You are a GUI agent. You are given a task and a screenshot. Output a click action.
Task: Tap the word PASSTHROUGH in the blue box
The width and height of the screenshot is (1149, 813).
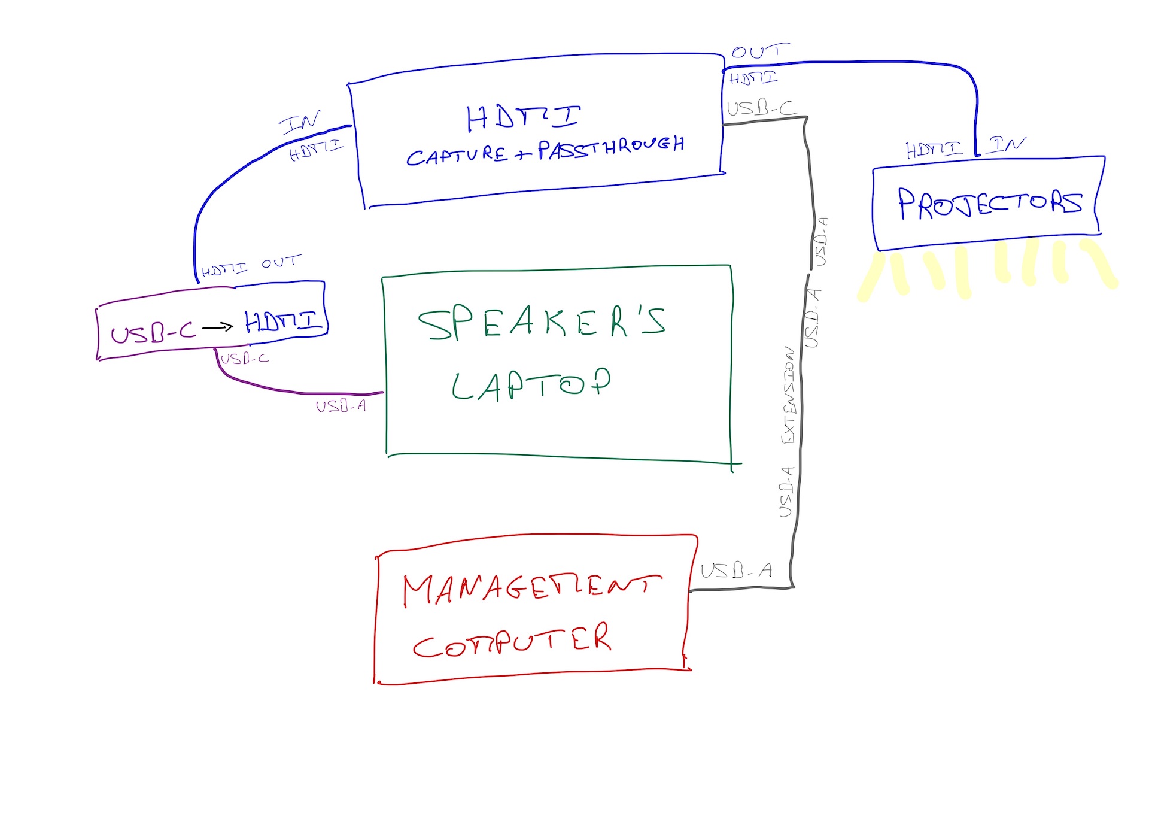[610, 147]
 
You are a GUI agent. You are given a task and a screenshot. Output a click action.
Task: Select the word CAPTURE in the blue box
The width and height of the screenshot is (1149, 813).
[458, 156]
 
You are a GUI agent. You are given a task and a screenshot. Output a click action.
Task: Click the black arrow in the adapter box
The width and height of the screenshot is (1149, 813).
[217, 327]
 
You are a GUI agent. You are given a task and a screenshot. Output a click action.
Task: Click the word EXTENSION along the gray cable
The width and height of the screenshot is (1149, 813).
[789, 395]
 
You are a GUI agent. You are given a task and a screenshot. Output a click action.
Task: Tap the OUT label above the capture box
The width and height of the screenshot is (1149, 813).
[759, 51]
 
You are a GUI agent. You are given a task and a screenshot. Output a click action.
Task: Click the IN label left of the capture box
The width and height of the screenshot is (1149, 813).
[300, 122]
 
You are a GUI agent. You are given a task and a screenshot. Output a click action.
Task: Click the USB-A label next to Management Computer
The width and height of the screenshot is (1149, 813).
[736, 571]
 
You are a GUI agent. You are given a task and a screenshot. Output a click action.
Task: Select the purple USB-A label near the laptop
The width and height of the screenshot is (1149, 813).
[341, 406]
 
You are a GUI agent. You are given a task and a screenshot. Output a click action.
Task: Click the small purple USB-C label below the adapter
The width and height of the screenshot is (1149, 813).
[245, 359]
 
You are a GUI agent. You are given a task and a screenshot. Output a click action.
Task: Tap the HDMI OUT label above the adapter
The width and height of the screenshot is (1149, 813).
[251, 266]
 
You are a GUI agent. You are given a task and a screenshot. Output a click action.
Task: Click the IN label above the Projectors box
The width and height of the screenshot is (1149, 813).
[1007, 144]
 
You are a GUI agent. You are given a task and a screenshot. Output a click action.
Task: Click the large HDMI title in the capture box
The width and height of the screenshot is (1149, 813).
[522, 117]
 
